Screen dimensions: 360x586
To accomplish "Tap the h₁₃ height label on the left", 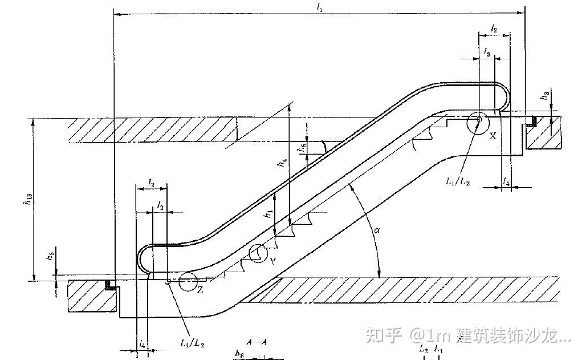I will click(x=27, y=199).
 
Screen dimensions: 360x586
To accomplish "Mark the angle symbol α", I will click(x=377, y=230).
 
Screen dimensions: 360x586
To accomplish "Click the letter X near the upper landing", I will click(x=493, y=136).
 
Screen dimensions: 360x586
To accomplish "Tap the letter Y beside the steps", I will click(x=274, y=261).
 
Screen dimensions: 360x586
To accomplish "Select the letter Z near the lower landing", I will click(x=200, y=290).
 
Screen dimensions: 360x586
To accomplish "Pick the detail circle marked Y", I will click(x=258, y=253).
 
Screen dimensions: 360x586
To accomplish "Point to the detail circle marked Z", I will click(x=187, y=282).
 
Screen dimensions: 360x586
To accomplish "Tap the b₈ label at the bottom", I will click(x=239, y=354).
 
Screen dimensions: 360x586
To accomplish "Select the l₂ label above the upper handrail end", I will click(x=494, y=29).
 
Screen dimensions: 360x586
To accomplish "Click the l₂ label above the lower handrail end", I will click(x=151, y=183).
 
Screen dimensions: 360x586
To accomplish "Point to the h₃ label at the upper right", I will click(x=546, y=97).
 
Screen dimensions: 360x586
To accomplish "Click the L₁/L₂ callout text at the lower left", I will click(x=192, y=343).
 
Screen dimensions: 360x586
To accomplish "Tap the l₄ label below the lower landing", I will click(x=142, y=344).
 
